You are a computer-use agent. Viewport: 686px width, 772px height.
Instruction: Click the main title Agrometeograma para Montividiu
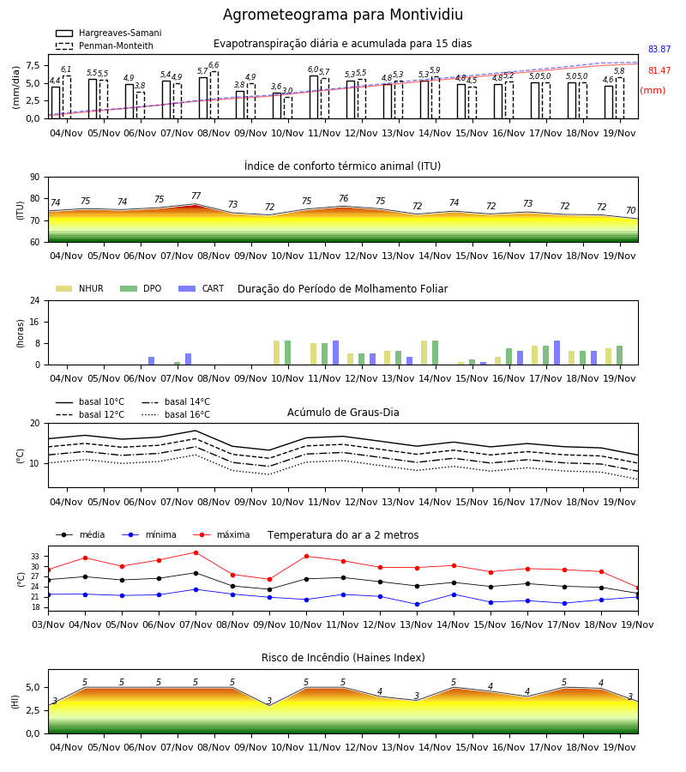pos(343,15)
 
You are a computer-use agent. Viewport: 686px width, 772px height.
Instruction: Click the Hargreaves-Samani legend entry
pos(109,33)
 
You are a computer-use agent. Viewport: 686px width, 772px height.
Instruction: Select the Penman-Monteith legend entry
pos(105,45)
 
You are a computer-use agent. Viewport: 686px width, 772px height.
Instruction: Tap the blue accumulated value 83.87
pos(659,49)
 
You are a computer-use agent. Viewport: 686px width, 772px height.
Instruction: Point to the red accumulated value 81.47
pos(659,70)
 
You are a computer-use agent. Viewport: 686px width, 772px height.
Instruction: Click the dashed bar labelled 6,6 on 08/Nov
pos(214,95)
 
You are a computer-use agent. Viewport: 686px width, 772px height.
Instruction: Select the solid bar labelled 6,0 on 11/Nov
pos(314,97)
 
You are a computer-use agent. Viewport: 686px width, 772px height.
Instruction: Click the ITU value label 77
pos(196,196)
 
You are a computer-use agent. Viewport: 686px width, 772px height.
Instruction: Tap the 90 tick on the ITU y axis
pos(35,178)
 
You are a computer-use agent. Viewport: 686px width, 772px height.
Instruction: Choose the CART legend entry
pos(202,288)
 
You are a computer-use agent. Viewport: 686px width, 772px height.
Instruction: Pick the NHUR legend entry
pos(80,288)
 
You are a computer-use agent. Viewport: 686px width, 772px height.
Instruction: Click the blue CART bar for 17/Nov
pos(557,353)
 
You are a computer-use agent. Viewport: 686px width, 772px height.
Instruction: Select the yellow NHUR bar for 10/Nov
pos(277,353)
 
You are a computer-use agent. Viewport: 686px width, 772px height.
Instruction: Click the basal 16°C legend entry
pos(176,414)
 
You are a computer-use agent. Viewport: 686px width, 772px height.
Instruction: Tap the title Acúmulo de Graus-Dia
pos(343,412)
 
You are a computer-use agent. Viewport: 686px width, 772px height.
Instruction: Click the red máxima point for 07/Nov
pos(196,552)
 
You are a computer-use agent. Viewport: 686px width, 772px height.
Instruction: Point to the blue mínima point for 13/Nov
pos(418,604)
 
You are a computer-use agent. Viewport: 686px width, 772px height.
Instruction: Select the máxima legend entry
pos(221,534)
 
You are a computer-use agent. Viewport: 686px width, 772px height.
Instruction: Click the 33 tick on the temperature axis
pos(35,557)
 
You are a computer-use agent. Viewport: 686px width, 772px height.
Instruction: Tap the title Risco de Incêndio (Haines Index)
pos(343,657)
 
